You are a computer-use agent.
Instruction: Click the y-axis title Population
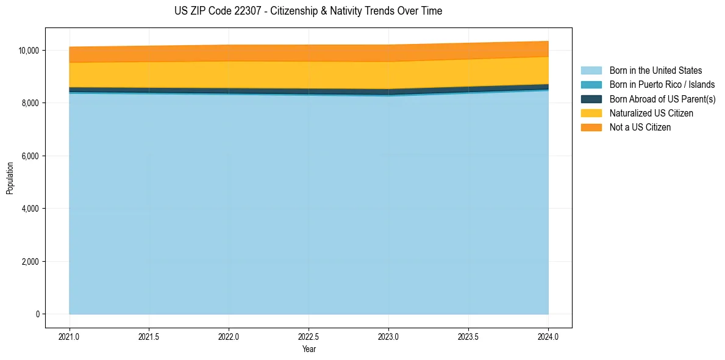pyautogui.click(x=10, y=178)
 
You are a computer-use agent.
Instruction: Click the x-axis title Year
pyautogui.click(x=309, y=349)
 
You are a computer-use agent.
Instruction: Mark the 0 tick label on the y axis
pyautogui.click(x=38, y=314)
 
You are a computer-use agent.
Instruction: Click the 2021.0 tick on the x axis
pyautogui.click(x=70, y=336)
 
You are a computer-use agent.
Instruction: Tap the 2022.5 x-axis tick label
pyautogui.click(x=309, y=336)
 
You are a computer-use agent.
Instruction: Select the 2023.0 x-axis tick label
pyautogui.click(x=388, y=336)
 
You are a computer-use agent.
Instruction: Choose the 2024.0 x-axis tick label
pyautogui.click(x=548, y=336)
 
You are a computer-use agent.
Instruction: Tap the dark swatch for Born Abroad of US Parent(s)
pyautogui.click(x=591, y=99)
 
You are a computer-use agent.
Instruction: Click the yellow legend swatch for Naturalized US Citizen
pyautogui.click(x=591, y=113)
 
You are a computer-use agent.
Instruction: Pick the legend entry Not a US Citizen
pyautogui.click(x=640, y=128)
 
